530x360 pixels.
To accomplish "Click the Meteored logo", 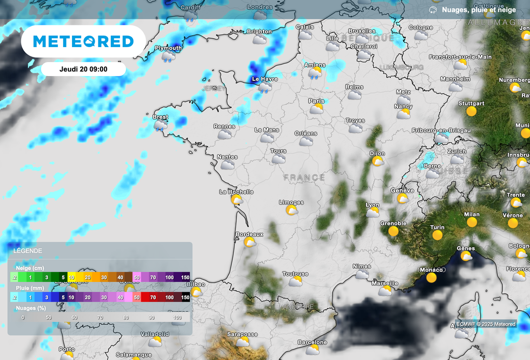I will pyautogui.click(x=83, y=41).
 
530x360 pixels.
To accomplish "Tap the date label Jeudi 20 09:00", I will pyautogui.click(x=83, y=69).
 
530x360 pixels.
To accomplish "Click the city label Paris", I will pyautogui.click(x=316, y=101).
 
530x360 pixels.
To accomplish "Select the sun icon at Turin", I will pyautogui.click(x=438, y=235).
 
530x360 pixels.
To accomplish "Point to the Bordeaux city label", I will pyautogui.click(x=249, y=234).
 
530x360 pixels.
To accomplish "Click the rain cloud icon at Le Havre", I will pyautogui.click(x=264, y=87).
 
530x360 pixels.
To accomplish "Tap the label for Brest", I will pyautogui.click(x=160, y=117).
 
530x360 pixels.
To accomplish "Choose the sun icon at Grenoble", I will pyautogui.click(x=393, y=231).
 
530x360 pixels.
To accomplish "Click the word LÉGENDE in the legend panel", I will pyautogui.click(x=28, y=251).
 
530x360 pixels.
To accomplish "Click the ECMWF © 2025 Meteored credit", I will pyautogui.click(x=485, y=324).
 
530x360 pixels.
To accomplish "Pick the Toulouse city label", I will pyautogui.click(x=295, y=274).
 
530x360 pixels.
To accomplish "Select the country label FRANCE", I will pyautogui.click(x=304, y=177).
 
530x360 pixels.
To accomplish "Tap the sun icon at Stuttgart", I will pyautogui.click(x=471, y=111).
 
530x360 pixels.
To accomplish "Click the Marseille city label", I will pyautogui.click(x=385, y=283).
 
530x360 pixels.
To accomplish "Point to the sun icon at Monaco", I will pyautogui.click(x=431, y=278).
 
